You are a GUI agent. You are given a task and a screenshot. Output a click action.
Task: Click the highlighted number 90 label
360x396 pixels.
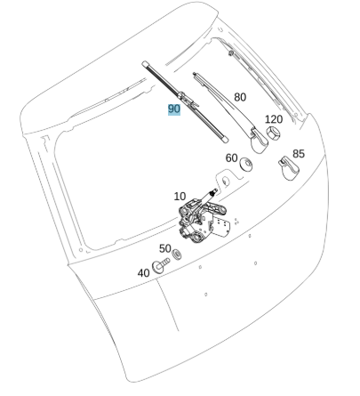174,109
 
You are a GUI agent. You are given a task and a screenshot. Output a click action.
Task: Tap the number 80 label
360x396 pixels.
240,97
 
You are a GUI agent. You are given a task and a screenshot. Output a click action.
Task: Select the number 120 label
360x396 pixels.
274,119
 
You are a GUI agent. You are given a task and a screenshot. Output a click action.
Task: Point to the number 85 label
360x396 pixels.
299,154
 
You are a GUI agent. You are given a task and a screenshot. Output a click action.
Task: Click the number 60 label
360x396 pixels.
232,158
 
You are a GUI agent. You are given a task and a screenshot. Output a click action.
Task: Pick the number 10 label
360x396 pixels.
180,197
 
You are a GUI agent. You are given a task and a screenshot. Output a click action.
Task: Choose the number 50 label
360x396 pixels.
165,248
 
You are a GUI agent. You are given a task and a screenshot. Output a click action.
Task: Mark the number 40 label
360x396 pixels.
144,273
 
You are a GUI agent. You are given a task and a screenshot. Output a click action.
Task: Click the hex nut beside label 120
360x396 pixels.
273,133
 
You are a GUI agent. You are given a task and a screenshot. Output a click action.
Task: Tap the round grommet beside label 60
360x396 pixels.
246,164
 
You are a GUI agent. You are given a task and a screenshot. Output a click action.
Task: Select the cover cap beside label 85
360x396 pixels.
288,168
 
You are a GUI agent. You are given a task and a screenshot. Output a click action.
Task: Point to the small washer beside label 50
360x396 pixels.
177,255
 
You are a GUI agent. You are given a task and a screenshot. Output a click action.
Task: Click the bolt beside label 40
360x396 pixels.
160,265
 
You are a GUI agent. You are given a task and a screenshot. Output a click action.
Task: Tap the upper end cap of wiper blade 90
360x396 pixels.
145,64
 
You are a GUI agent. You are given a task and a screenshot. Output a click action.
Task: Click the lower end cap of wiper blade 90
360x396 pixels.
225,139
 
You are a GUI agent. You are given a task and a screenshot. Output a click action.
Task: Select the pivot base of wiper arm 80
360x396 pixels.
259,140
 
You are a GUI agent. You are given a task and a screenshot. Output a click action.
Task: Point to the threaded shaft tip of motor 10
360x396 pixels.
214,191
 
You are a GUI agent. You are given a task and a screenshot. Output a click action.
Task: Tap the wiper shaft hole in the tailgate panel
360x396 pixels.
226,181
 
